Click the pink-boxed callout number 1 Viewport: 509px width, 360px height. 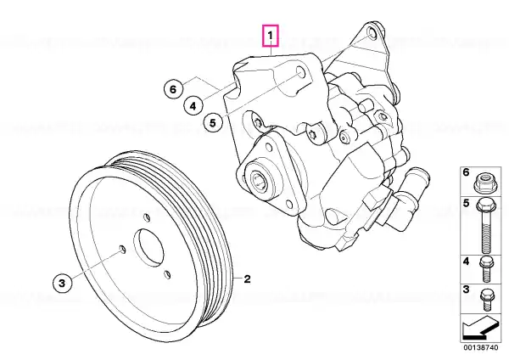[271, 36]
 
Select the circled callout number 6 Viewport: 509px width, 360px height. [173, 88]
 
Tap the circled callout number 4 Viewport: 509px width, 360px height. [193, 105]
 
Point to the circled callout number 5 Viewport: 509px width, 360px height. [213, 123]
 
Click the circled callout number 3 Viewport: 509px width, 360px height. [62, 283]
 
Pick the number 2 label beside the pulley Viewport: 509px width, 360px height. [248, 278]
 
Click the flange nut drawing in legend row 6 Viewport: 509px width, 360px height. [485, 183]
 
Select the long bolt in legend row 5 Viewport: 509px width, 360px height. [484, 226]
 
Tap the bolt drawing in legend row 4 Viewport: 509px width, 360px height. [485, 269]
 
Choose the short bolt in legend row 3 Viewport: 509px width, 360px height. [485, 299]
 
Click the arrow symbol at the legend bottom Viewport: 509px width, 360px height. [480, 329]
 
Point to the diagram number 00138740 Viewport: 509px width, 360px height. [480, 347]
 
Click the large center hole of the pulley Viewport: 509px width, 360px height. [148, 246]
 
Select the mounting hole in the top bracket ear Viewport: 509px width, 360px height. [372, 33]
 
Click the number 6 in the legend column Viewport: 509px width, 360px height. [466, 172]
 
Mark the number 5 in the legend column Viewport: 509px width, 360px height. [466, 204]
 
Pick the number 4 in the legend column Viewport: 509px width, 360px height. [466, 261]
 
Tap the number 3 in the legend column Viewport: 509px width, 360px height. [466, 290]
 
